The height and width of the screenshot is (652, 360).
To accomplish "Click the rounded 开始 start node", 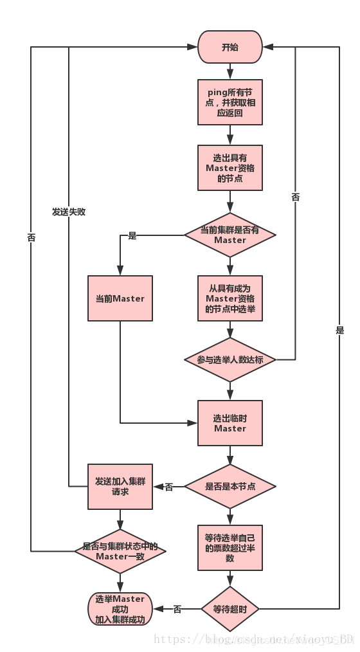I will [x=230, y=47].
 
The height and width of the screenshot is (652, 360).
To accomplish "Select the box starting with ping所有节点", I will [x=230, y=102].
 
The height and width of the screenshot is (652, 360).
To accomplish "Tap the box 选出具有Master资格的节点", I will [x=230, y=168].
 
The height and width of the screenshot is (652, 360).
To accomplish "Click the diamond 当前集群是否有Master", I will [x=230, y=235].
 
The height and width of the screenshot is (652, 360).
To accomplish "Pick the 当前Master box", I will [x=120, y=298].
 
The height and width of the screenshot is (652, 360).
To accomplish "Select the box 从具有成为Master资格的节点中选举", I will [x=230, y=298].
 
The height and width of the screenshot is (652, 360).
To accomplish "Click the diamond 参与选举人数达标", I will [x=230, y=359].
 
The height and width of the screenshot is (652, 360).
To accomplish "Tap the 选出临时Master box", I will [x=230, y=423].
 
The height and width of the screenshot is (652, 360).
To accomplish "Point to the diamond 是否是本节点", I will [x=230, y=487].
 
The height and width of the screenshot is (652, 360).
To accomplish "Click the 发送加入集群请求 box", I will [x=120, y=487].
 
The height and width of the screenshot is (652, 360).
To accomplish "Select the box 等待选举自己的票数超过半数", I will [x=230, y=548].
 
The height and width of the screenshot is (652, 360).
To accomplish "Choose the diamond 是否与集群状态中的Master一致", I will [x=120, y=551].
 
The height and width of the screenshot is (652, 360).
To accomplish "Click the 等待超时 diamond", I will [x=230, y=608].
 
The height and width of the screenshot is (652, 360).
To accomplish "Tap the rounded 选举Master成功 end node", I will [x=120, y=609].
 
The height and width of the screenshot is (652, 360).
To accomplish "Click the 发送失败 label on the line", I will [x=69, y=212].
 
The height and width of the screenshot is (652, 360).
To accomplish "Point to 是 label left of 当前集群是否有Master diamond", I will [x=132, y=236].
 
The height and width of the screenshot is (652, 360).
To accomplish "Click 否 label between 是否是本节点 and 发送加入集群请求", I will [x=169, y=487].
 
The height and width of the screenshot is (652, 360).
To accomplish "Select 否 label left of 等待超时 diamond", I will [x=177, y=609].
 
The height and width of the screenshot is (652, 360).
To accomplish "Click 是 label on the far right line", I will [x=339, y=331].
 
